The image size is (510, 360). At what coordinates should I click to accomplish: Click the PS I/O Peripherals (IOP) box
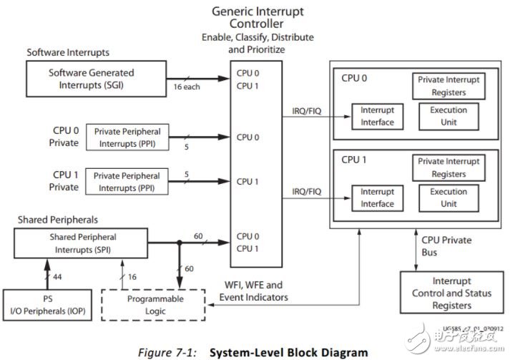[44, 305]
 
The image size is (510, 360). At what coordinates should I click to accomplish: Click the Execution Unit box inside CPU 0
[448, 117]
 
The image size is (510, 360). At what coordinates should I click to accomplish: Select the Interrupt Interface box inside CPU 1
[377, 198]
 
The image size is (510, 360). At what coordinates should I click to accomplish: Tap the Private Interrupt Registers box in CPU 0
[448, 86]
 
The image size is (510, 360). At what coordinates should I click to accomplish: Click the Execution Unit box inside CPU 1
[448, 198]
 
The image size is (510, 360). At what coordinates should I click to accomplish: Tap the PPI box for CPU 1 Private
[127, 181]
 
